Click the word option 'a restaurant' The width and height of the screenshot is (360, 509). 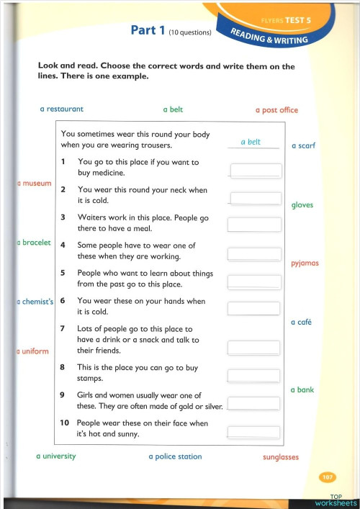[x=61, y=109]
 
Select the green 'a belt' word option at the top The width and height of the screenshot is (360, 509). [x=173, y=109]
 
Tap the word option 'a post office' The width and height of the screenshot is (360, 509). [x=276, y=110]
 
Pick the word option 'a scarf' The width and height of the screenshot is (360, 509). [x=303, y=146]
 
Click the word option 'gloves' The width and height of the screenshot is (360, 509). [x=302, y=205]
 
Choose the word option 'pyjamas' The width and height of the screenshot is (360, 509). [x=305, y=263]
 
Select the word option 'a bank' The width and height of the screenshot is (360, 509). [x=302, y=389]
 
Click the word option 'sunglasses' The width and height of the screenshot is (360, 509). [x=281, y=457]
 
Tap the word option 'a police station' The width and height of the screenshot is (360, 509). [x=175, y=456]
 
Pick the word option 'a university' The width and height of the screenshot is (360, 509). [x=56, y=456]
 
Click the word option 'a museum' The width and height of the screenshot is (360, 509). [x=35, y=184]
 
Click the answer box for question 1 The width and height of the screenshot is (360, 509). [x=255, y=171]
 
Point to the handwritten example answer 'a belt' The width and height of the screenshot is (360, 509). [x=251, y=142]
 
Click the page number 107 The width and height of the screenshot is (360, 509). [x=326, y=477]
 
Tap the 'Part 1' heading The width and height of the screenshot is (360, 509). [x=147, y=30]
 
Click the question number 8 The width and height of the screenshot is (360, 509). [x=63, y=367]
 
